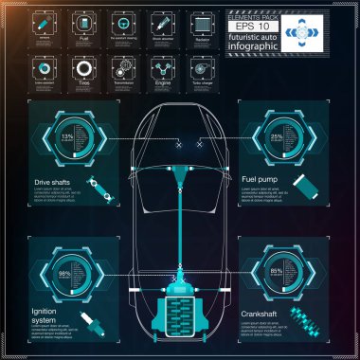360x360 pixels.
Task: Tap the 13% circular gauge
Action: [x=65, y=141]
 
